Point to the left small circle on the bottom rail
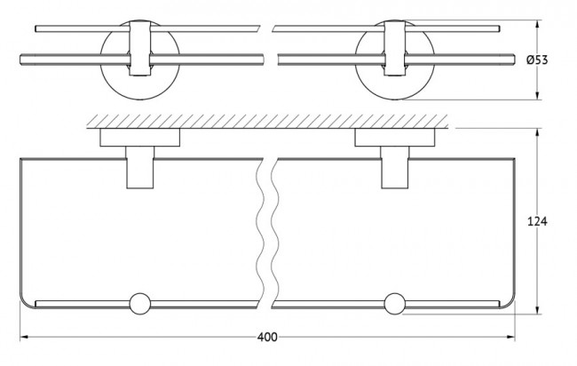pos(139,301)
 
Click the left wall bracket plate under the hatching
pos(140,139)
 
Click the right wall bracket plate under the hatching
pos(396,139)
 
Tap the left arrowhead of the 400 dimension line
pos(23,338)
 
